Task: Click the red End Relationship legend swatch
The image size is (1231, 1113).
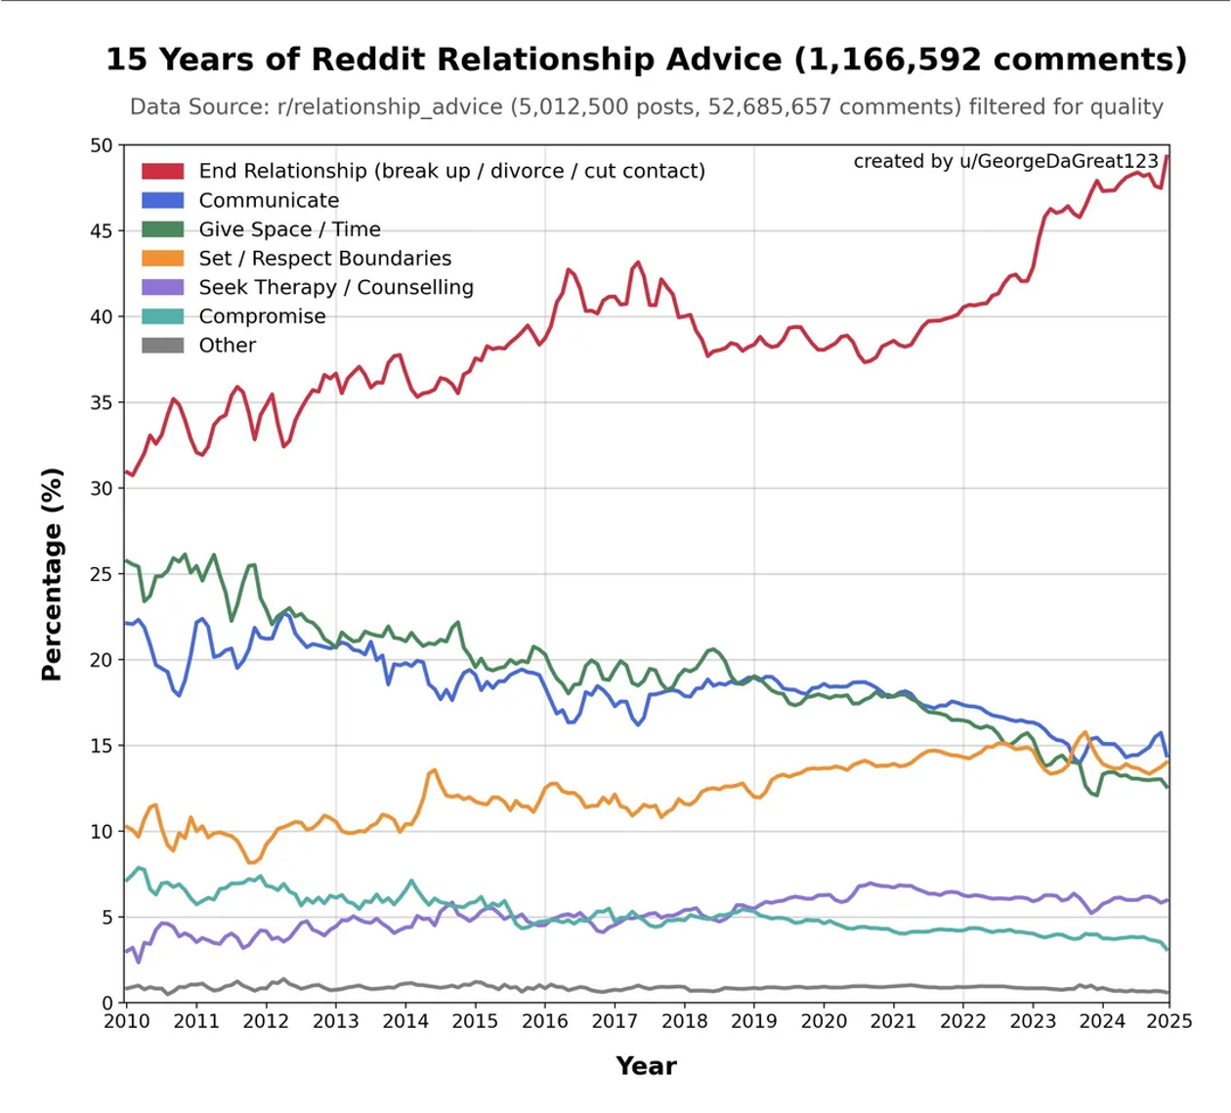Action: (x=162, y=171)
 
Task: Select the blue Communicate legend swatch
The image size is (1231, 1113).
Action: (x=162, y=200)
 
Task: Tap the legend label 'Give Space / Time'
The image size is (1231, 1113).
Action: (x=289, y=229)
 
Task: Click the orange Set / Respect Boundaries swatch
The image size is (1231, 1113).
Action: (x=162, y=258)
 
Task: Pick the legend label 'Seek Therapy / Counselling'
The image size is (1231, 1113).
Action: (x=336, y=287)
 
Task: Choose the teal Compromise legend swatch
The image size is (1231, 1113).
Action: (x=162, y=316)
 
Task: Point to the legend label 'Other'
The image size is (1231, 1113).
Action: (x=227, y=346)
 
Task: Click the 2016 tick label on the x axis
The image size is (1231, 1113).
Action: (x=544, y=1021)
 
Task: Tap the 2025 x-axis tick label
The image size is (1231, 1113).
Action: (x=1169, y=1021)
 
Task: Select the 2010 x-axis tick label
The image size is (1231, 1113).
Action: (x=126, y=1021)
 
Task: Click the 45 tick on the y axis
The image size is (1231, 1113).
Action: (x=102, y=231)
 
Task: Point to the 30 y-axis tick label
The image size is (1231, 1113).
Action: (x=102, y=488)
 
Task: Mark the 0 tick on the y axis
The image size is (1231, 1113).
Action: (x=108, y=1003)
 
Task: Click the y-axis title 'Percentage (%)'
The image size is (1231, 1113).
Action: (x=52, y=574)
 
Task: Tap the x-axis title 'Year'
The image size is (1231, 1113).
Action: (x=646, y=1066)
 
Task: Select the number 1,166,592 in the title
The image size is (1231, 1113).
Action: (x=887, y=61)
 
